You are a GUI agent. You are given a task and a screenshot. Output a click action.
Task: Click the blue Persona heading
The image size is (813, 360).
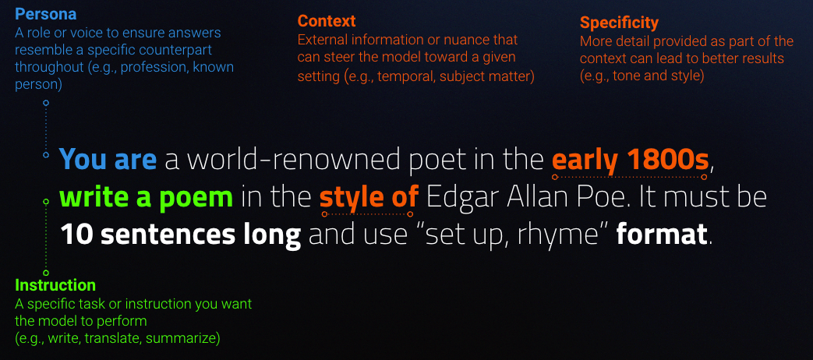pos(46,14)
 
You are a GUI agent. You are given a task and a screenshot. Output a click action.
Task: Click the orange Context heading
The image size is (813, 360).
pos(327,21)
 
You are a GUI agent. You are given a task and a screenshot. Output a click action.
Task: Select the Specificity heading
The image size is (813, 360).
pos(619,23)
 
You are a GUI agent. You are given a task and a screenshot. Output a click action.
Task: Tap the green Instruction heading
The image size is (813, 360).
pos(55,285)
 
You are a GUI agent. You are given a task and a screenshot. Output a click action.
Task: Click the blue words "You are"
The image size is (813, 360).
pos(108,159)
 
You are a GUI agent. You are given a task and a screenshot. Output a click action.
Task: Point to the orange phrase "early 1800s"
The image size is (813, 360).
pos(630,160)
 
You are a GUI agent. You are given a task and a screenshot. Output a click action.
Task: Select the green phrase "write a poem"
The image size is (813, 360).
pos(147,197)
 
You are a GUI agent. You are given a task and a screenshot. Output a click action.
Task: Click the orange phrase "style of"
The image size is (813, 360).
pos(369,197)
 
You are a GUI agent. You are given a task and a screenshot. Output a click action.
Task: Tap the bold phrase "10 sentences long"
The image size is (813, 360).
pos(180,235)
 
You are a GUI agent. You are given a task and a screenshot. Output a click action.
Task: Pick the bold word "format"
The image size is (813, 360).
pos(662,235)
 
